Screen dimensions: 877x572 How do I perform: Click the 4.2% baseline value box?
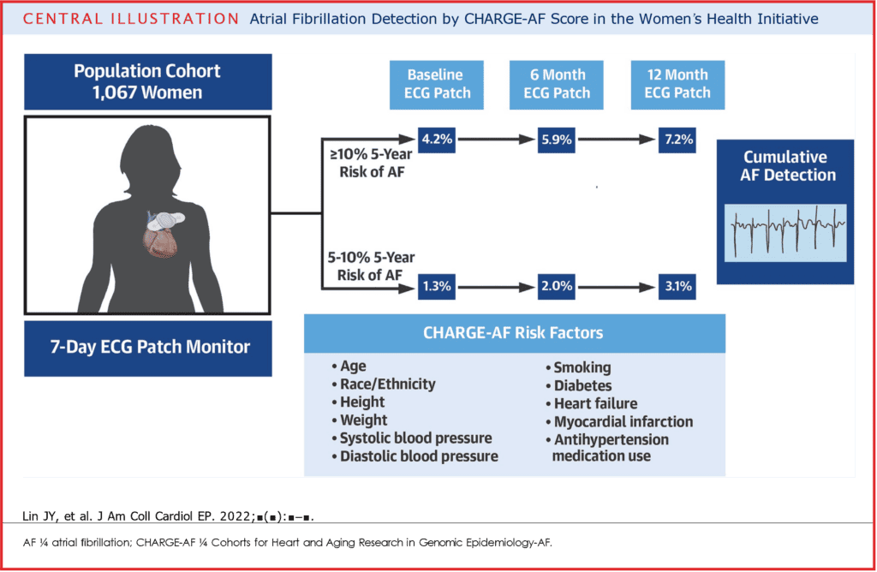click(x=437, y=140)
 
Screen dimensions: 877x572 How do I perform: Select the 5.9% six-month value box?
click(x=557, y=140)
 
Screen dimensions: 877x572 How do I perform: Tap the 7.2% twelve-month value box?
click(x=677, y=140)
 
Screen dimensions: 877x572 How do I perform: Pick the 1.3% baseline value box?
click(x=437, y=287)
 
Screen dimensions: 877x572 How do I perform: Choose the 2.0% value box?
click(x=557, y=287)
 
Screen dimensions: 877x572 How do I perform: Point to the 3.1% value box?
click(x=677, y=287)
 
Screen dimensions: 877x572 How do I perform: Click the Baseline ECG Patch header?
click(x=437, y=85)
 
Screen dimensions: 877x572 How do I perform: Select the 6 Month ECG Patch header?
click(x=557, y=85)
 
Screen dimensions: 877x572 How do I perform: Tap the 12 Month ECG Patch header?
click(x=678, y=85)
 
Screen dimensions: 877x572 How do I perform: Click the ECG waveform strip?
click(x=785, y=233)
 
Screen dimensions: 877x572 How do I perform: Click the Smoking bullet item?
click(x=579, y=367)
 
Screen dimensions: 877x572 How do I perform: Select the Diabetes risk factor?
click(x=580, y=386)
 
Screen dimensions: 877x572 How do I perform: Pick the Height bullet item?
click(x=359, y=402)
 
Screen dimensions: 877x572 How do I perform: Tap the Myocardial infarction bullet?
click(x=620, y=421)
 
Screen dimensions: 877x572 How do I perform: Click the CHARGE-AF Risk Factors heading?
click(x=513, y=333)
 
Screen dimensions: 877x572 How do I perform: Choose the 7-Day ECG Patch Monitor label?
click(x=150, y=348)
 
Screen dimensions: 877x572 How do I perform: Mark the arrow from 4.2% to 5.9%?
click(x=497, y=140)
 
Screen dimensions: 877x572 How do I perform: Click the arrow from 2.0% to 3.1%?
click(x=617, y=288)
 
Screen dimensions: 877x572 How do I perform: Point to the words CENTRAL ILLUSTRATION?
click(x=131, y=19)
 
